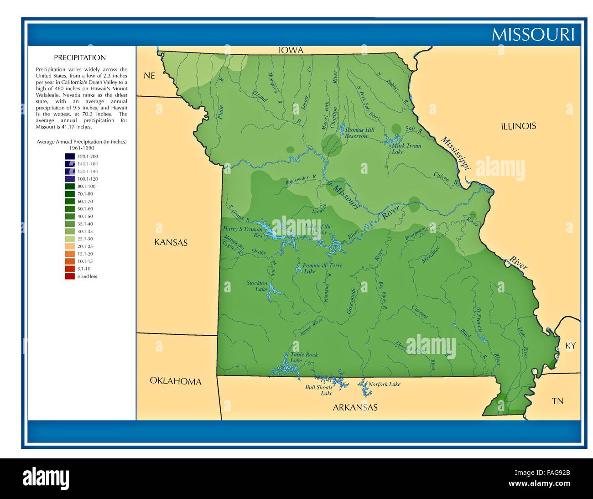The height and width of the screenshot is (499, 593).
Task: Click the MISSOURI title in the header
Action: click(x=532, y=35)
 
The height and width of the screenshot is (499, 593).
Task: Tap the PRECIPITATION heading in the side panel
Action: click(x=80, y=58)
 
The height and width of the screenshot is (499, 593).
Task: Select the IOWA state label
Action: click(x=291, y=51)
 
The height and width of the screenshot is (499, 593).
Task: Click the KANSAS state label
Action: click(x=171, y=243)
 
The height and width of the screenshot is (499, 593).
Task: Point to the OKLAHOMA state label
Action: click(x=176, y=381)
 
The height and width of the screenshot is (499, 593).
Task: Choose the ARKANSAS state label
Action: click(x=355, y=407)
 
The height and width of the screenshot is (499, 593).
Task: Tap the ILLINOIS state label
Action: click(x=518, y=126)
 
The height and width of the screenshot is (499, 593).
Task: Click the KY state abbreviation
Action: click(x=570, y=346)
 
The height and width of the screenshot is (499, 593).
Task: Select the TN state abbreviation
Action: click(x=557, y=401)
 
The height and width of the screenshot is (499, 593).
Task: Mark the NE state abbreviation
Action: click(x=150, y=76)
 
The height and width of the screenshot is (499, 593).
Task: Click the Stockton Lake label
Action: click(x=257, y=286)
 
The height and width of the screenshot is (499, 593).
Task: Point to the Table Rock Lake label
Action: click(x=304, y=357)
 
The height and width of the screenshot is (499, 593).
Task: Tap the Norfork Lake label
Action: click(x=384, y=384)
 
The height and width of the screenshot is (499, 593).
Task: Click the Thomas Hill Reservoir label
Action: click(x=359, y=133)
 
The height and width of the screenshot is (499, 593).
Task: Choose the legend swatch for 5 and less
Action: click(x=70, y=276)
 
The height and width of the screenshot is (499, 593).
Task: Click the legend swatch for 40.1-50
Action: click(x=70, y=216)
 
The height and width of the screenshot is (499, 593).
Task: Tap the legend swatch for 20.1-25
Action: click(x=70, y=246)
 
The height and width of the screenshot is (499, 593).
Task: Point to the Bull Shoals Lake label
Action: click(x=319, y=390)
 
